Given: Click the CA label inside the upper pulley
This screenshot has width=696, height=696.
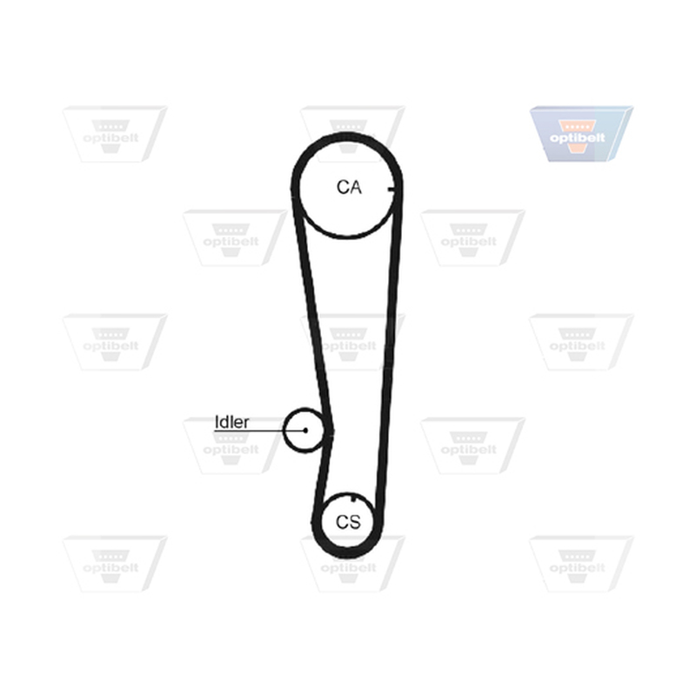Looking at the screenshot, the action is click(349, 187).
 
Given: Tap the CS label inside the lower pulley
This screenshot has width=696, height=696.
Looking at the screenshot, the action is click(349, 522).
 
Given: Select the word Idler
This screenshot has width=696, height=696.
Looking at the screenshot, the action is click(231, 422).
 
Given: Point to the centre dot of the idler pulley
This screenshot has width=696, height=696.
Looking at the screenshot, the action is click(305, 430).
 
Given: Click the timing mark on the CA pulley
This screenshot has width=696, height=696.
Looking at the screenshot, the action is click(391, 190).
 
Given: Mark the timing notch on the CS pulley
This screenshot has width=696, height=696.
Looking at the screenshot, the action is click(353, 499).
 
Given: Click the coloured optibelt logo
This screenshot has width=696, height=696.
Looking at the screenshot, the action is click(581, 134).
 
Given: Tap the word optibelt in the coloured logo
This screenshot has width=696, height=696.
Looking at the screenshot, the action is click(577, 137).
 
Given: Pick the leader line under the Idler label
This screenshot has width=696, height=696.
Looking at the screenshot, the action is click(259, 431).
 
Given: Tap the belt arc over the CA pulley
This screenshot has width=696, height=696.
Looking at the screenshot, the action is click(347, 137).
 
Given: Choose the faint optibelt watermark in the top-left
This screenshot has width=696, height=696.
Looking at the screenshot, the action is click(115, 134).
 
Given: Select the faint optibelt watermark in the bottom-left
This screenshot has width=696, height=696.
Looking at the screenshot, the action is click(115, 564).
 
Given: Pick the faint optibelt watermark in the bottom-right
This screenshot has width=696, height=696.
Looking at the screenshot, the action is click(581, 564).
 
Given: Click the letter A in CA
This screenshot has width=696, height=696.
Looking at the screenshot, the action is click(356, 187).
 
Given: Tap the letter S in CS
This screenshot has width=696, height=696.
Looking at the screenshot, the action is click(355, 522).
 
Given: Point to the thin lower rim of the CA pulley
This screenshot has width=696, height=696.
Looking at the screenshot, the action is click(348, 236).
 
